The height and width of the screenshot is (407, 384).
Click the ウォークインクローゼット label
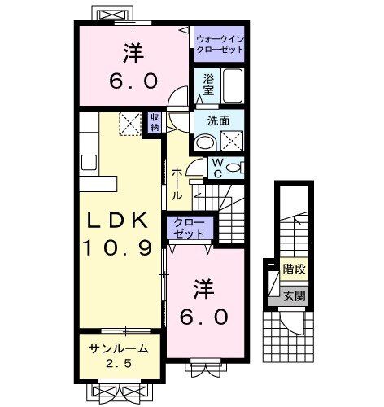point(220,44)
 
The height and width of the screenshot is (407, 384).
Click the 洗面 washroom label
point(217,120)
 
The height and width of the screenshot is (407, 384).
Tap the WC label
point(217,166)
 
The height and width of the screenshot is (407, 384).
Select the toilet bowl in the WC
point(235,168)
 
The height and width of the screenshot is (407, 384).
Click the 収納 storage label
point(155,122)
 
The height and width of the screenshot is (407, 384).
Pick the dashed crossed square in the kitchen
point(130,124)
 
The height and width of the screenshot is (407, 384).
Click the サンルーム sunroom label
point(119,348)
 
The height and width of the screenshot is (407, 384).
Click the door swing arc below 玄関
point(292,326)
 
